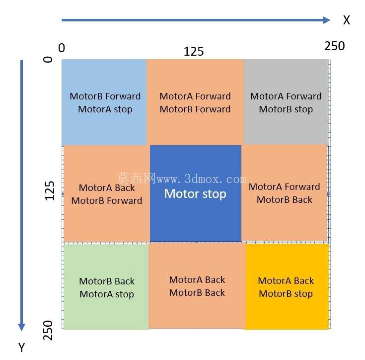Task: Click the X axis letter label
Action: coord(347,20)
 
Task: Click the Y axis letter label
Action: coord(22,348)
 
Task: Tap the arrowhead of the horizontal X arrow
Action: coord(327,20)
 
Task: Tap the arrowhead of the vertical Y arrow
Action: coord(22,327)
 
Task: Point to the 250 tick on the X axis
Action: coord(335,46)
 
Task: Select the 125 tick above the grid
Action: coord(194,51)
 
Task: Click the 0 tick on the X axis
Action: coord(62,48)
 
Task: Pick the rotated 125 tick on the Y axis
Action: coord(49,190)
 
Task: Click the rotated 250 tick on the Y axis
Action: coord(48,330)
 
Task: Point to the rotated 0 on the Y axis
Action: coord(48,59)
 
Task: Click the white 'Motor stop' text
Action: coord(195,194)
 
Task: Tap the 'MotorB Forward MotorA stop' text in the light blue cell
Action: coord(105,103)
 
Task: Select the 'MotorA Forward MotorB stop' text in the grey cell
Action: coord(286,103)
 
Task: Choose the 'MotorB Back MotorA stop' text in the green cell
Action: coord(107,288)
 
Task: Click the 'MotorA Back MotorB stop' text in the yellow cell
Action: coord(286,287)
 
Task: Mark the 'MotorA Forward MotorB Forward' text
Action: coord(195,103)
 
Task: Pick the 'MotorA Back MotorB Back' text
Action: coord(197,286)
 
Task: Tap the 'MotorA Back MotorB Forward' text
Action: coord(107,194)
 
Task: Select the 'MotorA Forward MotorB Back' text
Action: coord(285,193)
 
